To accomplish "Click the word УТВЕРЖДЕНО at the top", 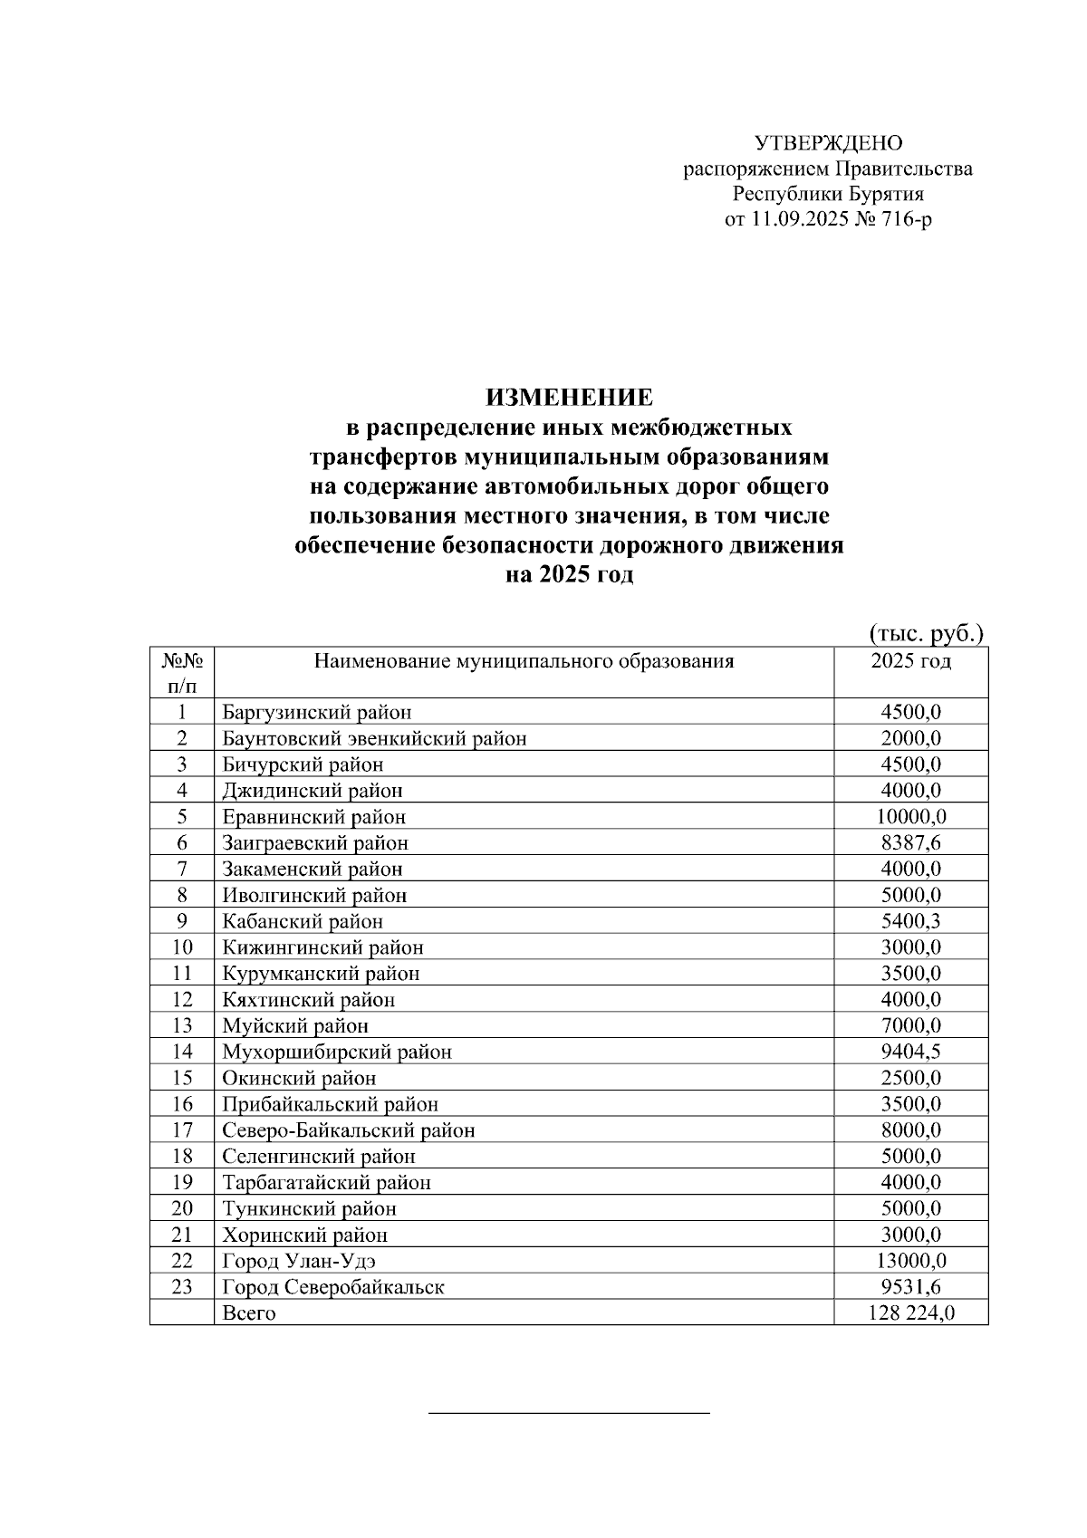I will click(828, 143).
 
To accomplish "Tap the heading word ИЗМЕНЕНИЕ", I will click(569, 398).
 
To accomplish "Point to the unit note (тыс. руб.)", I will click(926, 632).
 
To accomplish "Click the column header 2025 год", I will click(910, 661).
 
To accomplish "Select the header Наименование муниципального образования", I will click(524, 661).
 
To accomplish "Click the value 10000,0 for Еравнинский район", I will click(910, 817).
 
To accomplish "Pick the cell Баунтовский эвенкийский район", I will click(374, 738).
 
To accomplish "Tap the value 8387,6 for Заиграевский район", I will click(910, 843).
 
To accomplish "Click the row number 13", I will click(182, 1026).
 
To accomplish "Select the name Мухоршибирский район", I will click(337, 1053).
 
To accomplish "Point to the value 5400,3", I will click(910, 921).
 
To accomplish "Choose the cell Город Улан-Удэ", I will click(299, 1261).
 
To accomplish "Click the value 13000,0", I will click(910, 1261).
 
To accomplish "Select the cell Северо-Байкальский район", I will click(349, 1130).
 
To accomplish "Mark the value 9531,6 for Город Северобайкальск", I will click(910, 1287).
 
